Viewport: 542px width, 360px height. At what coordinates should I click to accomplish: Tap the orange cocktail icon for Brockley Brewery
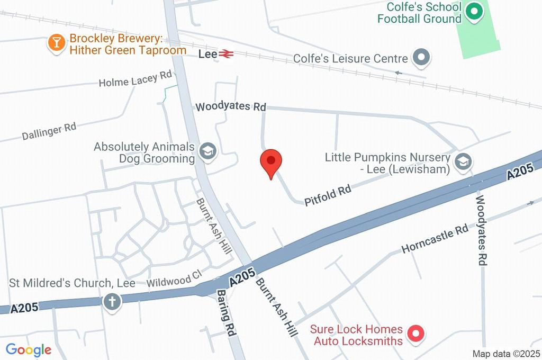pyautogui.click(x=56, y=43)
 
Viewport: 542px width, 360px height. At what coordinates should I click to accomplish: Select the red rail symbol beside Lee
pyautogui.click(x=226, y=53)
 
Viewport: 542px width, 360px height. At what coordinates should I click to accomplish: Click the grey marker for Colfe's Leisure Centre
pyautogui.click(x=421, y=58)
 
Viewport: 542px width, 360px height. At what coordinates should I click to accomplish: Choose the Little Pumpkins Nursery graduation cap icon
pyautogui.click(x=463, y=163)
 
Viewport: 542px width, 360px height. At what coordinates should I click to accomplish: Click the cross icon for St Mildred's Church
pyautogui.click(x=112, y=301)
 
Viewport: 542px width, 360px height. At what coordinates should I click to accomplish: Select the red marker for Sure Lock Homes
pyautogui.click(x=415, y=334)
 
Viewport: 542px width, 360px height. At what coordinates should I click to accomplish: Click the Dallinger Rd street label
pyautogui.click(x=49, y=131)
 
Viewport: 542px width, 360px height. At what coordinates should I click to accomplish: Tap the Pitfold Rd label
pyautogui.click(x=328, y=195)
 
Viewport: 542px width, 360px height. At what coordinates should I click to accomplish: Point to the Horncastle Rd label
pyautogui.click(x=435, y=238)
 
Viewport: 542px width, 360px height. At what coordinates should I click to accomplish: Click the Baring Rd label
pyautogui.click(x=226, y=313)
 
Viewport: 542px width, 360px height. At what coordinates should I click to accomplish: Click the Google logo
pyautogui.click(x=29, y=349)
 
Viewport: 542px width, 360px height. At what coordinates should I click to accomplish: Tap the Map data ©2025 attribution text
pyautogui.click(x=505, y=354)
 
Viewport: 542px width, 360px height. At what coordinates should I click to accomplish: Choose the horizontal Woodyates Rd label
pyautogui.click(x=230, y=106)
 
